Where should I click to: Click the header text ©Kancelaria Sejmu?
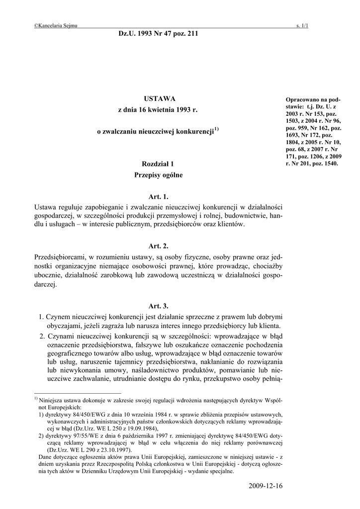click(56, 26)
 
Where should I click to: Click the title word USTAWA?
click(159, 99)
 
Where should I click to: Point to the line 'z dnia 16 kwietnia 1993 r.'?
click(158, 109)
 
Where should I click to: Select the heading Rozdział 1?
click(159, 164)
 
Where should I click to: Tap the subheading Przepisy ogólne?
click(159, 175)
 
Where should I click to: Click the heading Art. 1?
click(159, 197)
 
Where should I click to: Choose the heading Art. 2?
click(159, 246)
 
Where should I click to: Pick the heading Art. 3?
click(159, 306)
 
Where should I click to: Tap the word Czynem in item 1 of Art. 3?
click(58, 316)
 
